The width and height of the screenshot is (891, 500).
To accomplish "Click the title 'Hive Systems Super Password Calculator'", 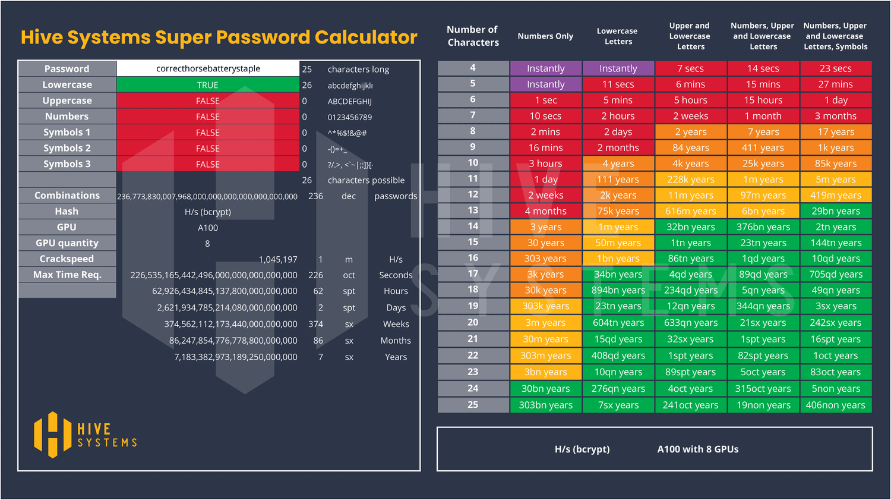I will (219, 37).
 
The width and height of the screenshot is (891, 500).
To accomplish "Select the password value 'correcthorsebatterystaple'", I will (208, 68).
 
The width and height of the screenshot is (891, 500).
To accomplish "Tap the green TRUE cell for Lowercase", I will (208, 85).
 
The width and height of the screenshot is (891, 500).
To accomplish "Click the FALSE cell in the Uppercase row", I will (208, 101).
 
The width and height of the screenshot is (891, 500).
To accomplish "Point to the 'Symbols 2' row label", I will (67, 148).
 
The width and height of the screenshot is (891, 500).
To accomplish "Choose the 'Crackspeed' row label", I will (67, 259).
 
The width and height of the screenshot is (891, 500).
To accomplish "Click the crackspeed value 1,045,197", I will (278, 259).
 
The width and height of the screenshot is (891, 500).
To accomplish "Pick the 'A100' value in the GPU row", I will (208, 228).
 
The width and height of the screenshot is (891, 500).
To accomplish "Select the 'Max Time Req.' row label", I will (67, 275).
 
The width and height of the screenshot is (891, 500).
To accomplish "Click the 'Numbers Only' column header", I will (545, 36).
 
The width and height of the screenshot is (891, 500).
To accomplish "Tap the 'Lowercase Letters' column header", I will (618, 36).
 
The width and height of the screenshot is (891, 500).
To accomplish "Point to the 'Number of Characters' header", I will (473, 36).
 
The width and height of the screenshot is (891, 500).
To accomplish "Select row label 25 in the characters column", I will (473, 405).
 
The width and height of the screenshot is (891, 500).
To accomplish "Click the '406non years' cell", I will (835, 405).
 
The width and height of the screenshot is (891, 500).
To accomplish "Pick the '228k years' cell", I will (691, 180).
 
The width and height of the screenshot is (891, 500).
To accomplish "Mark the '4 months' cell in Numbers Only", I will (545, 211).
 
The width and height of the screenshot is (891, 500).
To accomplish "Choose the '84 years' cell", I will (691, 148).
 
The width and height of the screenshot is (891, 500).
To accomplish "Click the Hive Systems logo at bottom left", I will (86, 435).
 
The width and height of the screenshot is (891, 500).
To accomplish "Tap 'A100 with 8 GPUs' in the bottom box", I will (698, 449).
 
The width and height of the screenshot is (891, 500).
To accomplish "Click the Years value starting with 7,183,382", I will (235, 357).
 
